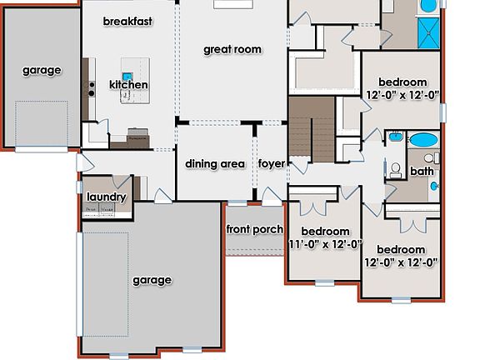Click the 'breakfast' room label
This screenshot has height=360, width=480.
[127, 21]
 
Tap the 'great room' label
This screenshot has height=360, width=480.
[232, 50]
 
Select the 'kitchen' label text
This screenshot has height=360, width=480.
[129, 85]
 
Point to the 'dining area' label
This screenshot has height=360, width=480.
[215, 164]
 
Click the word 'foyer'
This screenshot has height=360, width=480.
[271, 163]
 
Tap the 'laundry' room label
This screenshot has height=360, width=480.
[106, 197]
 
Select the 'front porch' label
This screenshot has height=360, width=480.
[254, 229]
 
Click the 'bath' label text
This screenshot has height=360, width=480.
[422, 172]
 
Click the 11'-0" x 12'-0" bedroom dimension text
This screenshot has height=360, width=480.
[324, 244]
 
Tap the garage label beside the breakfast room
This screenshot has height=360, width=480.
[42, 70]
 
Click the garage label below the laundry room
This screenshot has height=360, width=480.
[152, 280]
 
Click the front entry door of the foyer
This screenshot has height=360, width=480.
[272, 198]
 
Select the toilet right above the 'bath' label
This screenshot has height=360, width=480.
[429, 157]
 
